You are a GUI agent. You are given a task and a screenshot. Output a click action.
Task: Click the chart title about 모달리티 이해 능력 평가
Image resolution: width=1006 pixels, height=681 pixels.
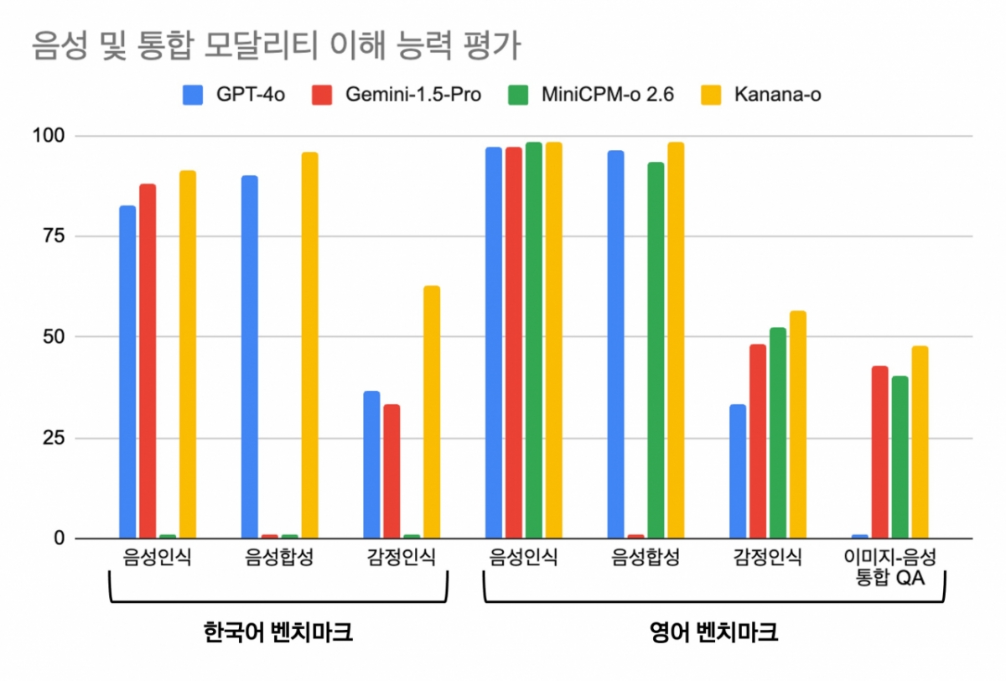click(x=276, y=46)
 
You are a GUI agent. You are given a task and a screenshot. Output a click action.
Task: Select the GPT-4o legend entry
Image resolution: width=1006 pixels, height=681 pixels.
click(x=234, y=94)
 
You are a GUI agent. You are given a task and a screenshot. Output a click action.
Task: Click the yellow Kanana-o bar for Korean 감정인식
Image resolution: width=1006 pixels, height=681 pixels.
click(x=432, y=412)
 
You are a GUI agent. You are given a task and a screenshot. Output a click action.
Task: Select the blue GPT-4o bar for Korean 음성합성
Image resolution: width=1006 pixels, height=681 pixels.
click(x=249, y=356)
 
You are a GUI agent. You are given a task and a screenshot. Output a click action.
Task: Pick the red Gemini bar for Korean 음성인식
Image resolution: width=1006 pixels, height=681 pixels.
click(x=148, y=361)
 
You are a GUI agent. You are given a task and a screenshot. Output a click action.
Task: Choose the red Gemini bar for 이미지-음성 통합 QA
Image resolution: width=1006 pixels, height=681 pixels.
click(x=879, y=452)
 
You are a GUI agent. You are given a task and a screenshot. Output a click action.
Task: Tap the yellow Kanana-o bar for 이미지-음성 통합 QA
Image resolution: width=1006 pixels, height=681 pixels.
click(x=920, y=442)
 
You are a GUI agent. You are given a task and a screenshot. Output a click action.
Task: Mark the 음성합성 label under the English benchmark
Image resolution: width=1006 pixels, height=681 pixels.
click(x=645, y=558)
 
